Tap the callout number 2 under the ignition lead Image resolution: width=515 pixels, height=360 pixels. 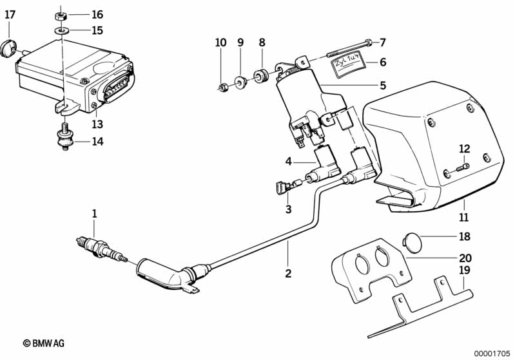pyautogui.click(x=288, y=273)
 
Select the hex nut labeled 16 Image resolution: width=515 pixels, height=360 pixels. pyautogui.click(x=61, y=15)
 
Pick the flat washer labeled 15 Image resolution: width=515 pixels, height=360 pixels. pyautogui.click(x=61, y=30)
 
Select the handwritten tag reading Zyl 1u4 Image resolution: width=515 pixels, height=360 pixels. pyautogui.click(x=348, y=64)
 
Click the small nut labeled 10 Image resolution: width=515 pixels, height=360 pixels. pyautogui.click(x=223, y=88)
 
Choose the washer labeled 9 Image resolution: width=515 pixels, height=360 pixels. pyautogui.click(x=241, y=82)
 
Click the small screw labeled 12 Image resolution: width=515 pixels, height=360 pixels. pyautogui.click(x=463, y=167)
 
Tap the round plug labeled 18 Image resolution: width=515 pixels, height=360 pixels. pyautogui.click(x=413, y=243)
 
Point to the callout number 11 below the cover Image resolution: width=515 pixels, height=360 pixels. pyautogui.click(x=463, y=217)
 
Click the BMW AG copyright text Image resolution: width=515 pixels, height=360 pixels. pyautogui.click(x=44, y=343)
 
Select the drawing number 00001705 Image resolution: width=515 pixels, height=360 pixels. pyautogui.click(x=492, y=354)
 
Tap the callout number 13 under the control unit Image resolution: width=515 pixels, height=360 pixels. pyautogui.click(x=97, y=124)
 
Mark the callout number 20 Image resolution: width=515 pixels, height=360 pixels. pyautogui.click(x=465, y=258)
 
